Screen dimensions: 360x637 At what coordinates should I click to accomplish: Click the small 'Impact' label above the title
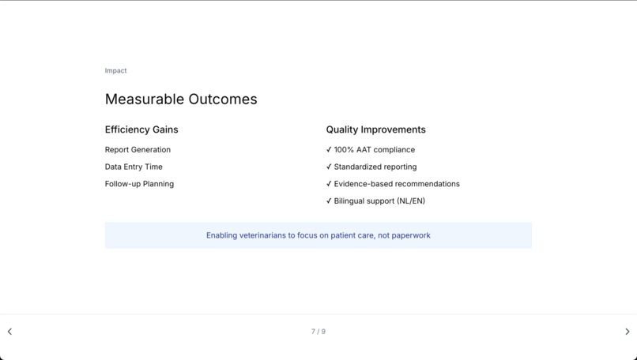pos(115,71)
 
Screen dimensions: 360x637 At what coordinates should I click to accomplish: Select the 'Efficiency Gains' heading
pos(141,129)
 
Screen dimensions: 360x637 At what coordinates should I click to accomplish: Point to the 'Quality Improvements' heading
pos(375,129)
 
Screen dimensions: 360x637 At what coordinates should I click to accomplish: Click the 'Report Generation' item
pos(138,150)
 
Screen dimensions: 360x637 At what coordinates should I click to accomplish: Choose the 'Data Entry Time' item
pos(134,167)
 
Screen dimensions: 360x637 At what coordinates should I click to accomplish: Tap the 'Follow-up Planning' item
pos(139,184)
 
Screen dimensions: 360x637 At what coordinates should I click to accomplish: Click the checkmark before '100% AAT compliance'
pos(329,150)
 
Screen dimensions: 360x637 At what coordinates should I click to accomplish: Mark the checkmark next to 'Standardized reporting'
pos(329,167)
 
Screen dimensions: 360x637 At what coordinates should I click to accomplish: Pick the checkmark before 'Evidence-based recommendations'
pos(329,184)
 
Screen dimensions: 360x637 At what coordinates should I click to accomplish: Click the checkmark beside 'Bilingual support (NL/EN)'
pos(329,201)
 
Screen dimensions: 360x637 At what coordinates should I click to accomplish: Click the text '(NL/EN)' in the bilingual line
pos(410,201)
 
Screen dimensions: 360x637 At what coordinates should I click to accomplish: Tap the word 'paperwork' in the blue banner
pos(410,235)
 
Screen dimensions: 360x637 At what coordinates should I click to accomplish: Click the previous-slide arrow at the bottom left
pos(9,332)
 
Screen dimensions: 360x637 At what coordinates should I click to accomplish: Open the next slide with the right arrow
pos(628,332)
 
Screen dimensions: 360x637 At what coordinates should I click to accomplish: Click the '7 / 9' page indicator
pos(318,332)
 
